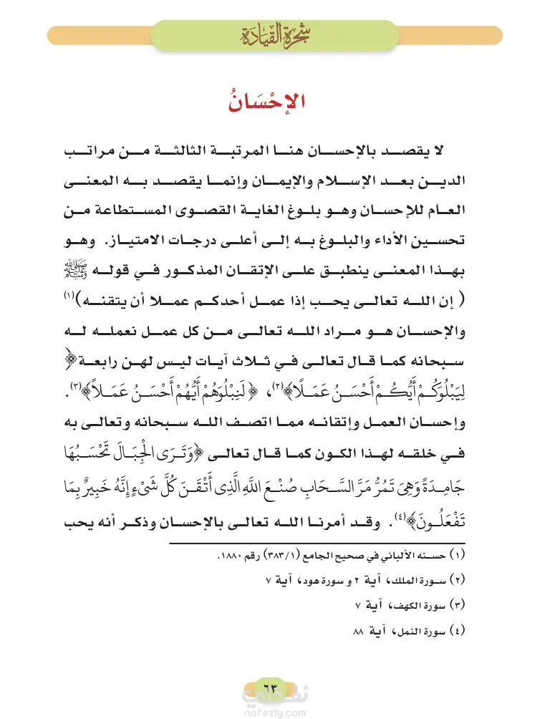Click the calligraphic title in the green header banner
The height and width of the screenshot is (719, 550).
[x=274, y=33]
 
